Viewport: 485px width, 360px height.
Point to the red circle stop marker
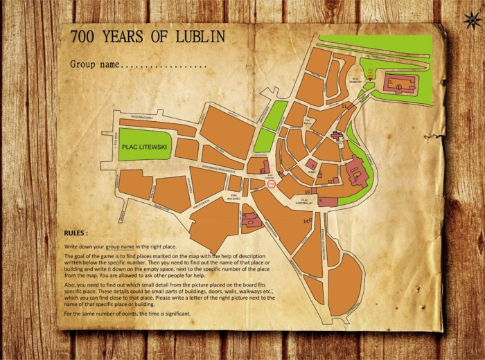(272, 184)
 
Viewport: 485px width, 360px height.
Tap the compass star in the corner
(473, 20)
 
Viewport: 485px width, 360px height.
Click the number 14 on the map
(306, 221)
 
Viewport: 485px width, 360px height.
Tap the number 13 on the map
(263, 170)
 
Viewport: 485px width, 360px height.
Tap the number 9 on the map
(321, 201)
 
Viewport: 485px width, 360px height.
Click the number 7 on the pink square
(312, 164)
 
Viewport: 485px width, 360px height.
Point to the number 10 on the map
(307, 191)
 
